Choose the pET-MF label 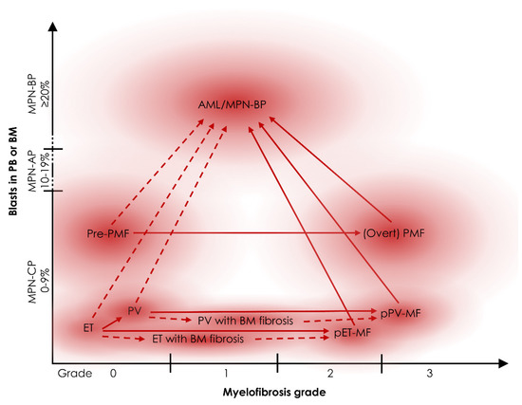tap(352, 334)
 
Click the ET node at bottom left tap(88, 326)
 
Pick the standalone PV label tap(134, 310)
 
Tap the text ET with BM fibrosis tap(198, 339)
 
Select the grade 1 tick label tap(225, 374)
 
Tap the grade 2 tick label tap(329, 374)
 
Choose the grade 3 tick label tap(429, 374)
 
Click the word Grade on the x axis tap(76, 374)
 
